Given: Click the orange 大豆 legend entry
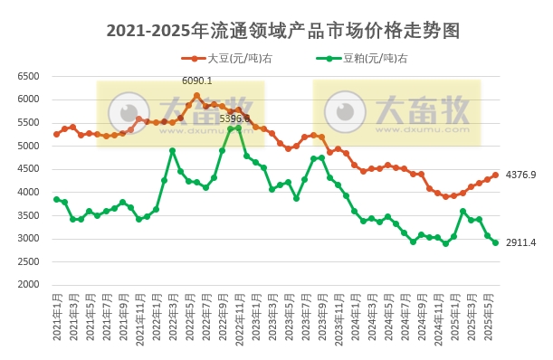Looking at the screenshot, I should pyautogui.click(x=239, y=59).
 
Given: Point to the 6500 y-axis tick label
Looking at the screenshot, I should pyautogui.click(x=28, y=76).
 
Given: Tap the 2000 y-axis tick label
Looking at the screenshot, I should pyautogui.click(x=28, y=285).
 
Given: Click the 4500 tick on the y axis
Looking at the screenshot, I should pyautogui.click(x=28, y=169).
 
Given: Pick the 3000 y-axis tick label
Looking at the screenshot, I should pyautogui.click(x=28, y=239).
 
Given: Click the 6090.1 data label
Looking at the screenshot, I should pyautogui.click(x=196, y=81).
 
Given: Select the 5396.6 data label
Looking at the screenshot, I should pyautogui.click(x=234, y=118).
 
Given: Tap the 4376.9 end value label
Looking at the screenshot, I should pyautogui.click(x=520, y=175).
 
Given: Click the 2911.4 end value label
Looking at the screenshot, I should pyautogui.click(x=520, y=242).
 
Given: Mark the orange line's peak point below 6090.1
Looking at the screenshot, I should pyautogui.click(x=196, y=95).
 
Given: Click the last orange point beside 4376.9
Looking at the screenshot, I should pyautogui.click(x=495, y=175).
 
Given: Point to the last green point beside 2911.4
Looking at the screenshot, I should pyautogui.click(x=495, y=242).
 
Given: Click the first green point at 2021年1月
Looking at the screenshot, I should pyautogui.click(x=56, y=199).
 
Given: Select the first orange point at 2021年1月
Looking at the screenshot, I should pyautogui.click(x=56, y=134).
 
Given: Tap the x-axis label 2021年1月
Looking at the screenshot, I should pyautogui.click(x=56, y=317).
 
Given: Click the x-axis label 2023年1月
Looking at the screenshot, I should pyautogui.click(x=255, y=317).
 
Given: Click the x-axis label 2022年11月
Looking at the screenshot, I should pyautogui.click(x=239, y=320).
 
